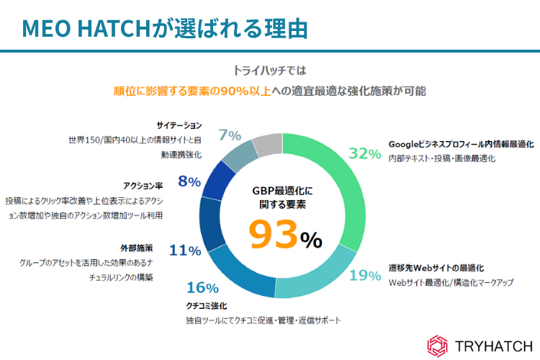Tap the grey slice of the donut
point(267,145)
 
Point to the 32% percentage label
point(364,153)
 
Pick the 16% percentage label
point(202,288)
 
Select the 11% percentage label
point(185,250)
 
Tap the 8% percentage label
point(189,181)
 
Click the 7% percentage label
point(230,135)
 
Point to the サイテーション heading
point(179,125)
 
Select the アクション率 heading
point(144,185)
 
